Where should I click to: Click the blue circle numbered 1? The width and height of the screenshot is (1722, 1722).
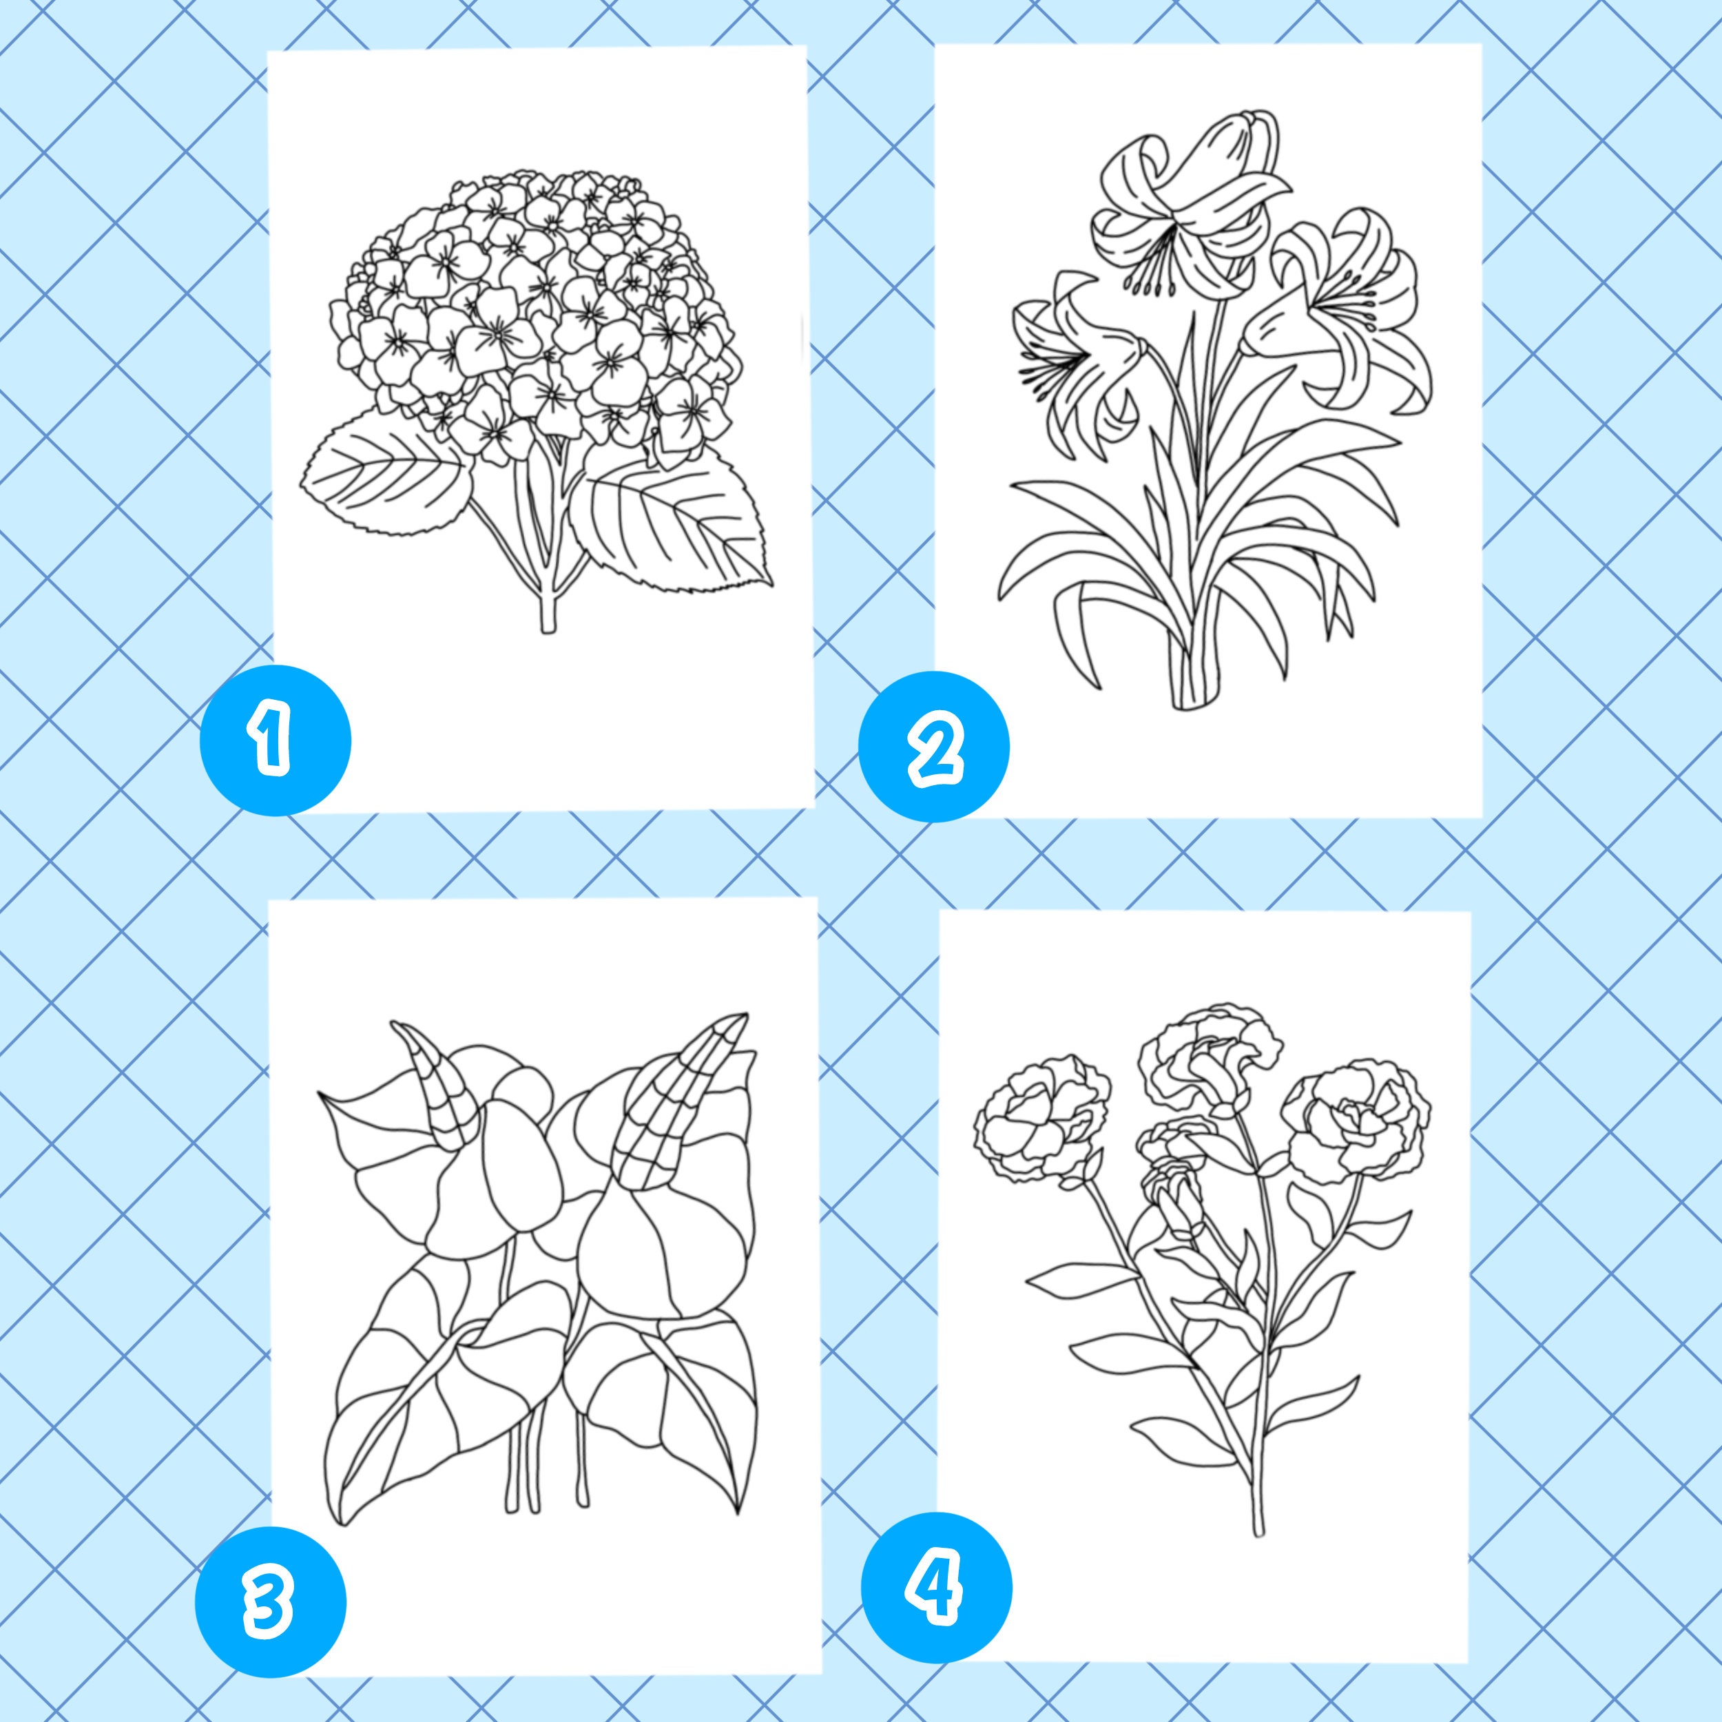point(275,740)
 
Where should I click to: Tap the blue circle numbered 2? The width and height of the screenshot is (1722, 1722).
point(933,746)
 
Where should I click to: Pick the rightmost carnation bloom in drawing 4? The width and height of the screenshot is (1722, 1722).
point(1355,1123)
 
